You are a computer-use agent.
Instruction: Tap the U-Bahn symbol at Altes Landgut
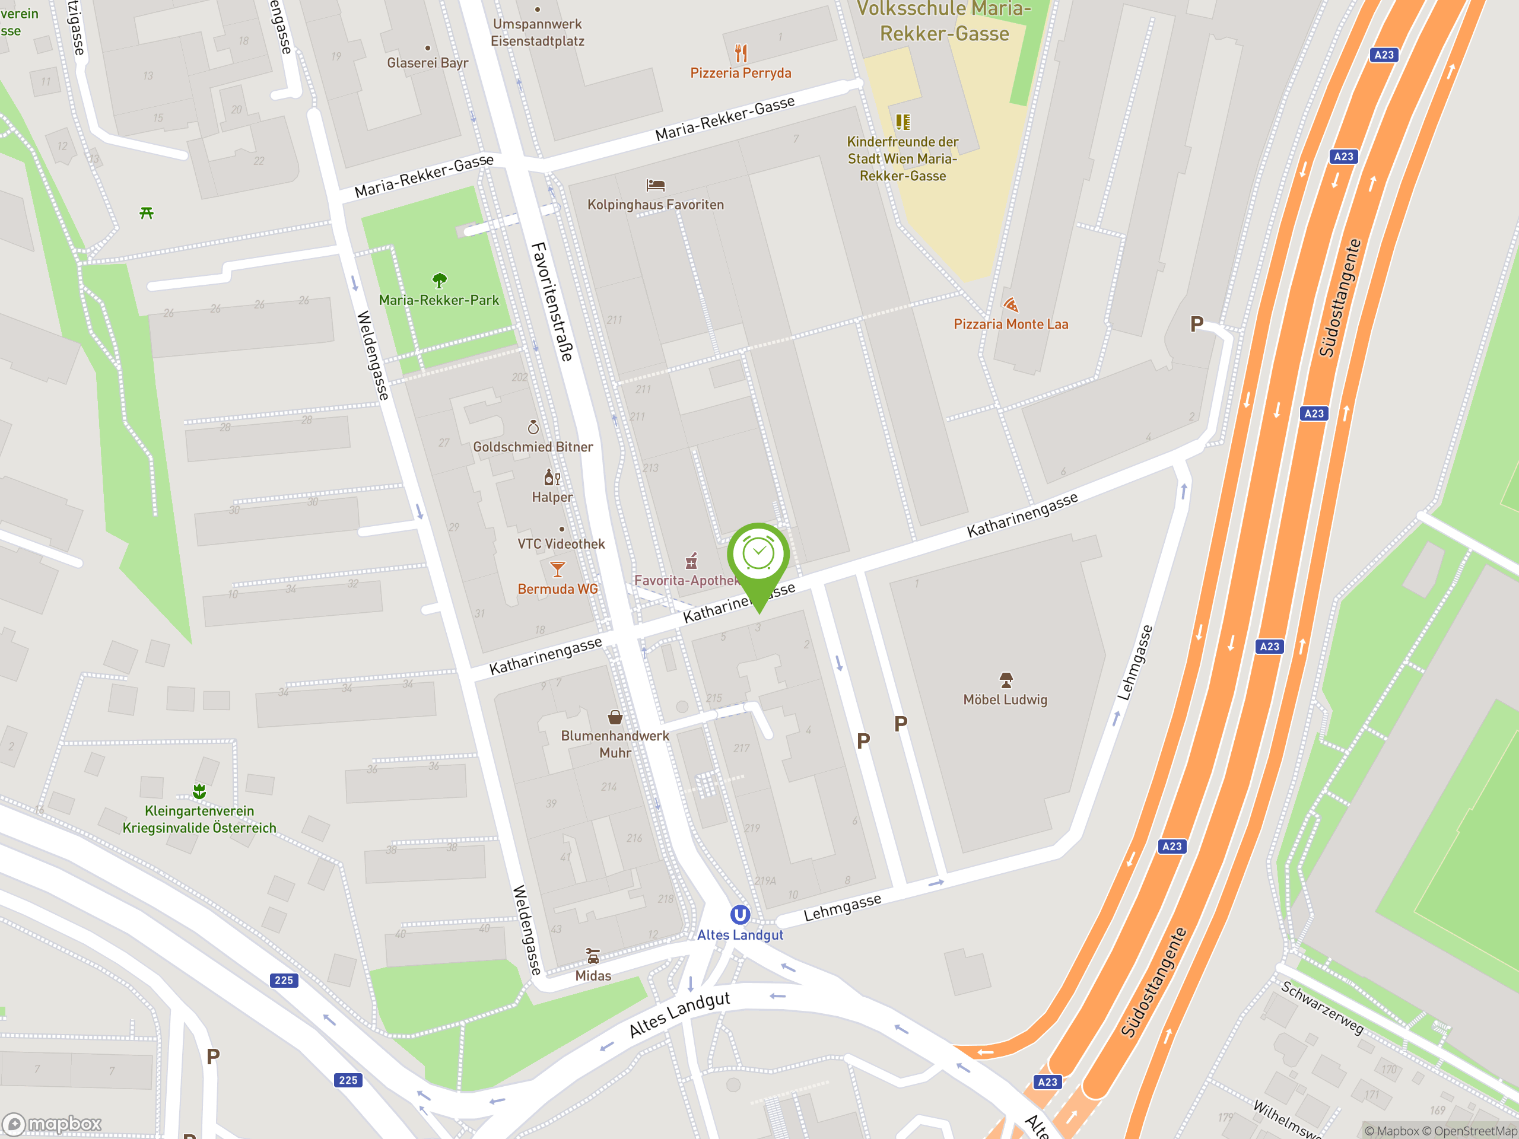(739, 915)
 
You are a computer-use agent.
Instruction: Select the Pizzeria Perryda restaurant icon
(741, 53)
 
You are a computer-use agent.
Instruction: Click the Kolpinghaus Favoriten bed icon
(655, 184)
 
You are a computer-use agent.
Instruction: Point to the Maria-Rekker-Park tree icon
(440, 280)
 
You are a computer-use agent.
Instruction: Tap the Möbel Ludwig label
(1005, 699)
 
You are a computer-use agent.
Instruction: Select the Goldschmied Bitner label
(533, 447)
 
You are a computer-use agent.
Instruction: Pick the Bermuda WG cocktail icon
(558, 569)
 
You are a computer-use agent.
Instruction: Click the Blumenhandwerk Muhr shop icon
(615, 717)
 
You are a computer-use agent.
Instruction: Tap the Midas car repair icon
(593, 956)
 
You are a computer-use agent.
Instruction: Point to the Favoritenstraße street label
(551, 301)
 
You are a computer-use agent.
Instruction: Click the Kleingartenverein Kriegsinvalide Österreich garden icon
(199, 791)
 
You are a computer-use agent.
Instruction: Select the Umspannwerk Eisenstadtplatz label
(538, 32)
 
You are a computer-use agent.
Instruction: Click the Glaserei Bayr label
(428, 63)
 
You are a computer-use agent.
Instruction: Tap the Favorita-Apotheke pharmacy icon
(691, 562)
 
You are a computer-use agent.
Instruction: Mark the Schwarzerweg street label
(1322, 1008)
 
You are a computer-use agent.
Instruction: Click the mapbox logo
(52, 1124)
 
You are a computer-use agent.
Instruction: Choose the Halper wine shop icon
(552, 476)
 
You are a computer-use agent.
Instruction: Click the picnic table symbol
(147, 214)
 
